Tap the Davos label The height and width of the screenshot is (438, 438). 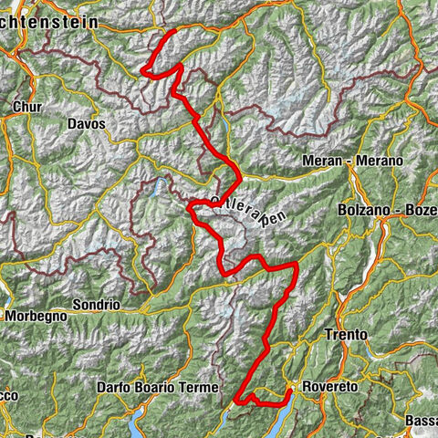[87, 123]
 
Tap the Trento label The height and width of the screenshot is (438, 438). [346, 335]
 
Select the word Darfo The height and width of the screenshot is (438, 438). [114, 387]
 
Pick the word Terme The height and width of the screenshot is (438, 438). [198, 387]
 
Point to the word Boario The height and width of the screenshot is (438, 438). [155, 387]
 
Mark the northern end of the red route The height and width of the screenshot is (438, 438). [174, 32]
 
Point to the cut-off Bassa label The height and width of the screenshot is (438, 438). [422, 421]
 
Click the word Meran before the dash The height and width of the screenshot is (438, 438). [320, 161]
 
